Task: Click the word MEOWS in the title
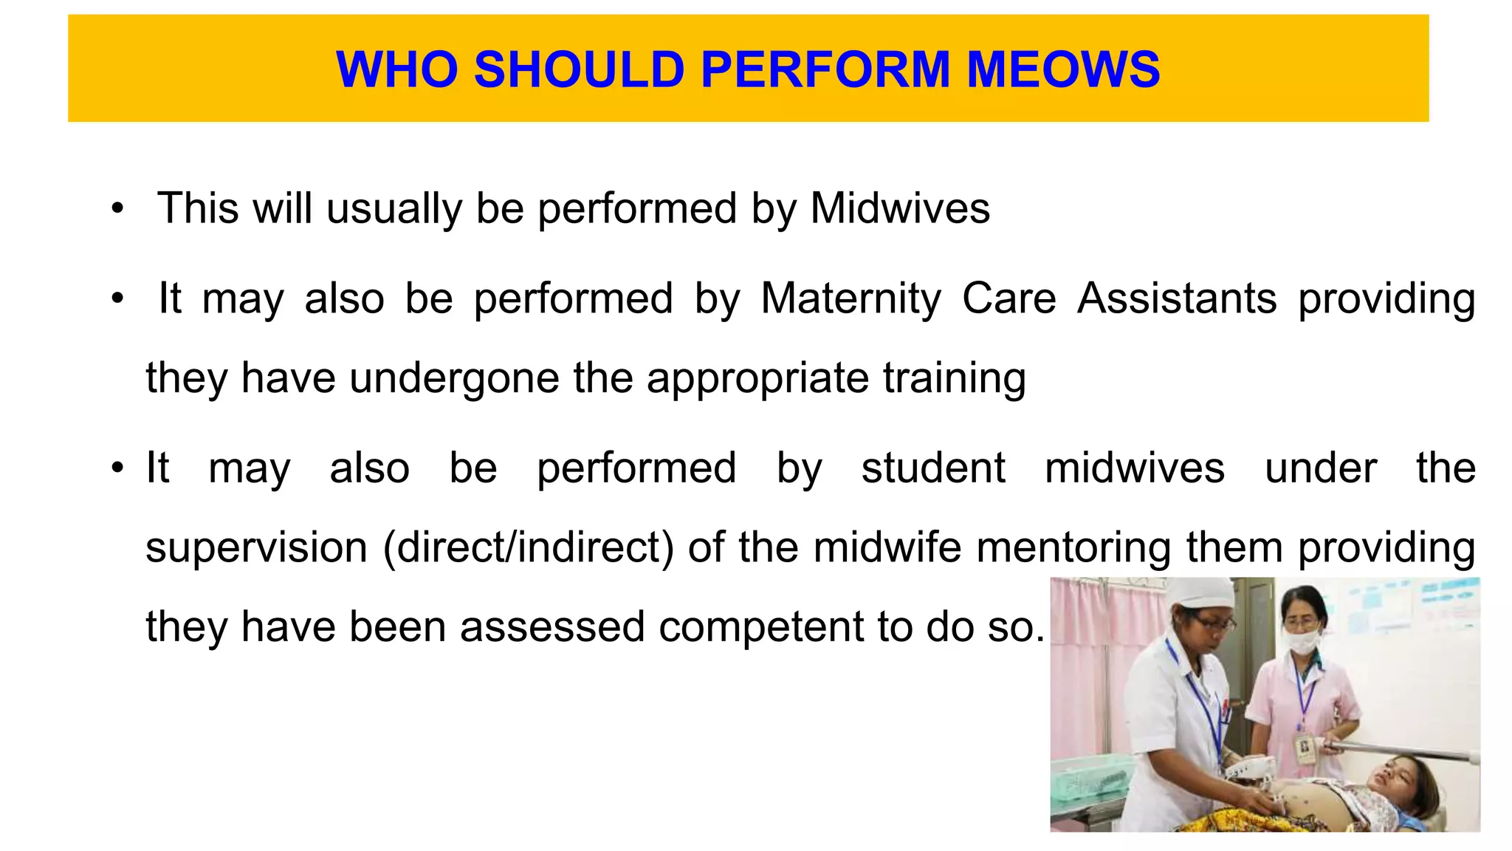click(x=1063, y=69)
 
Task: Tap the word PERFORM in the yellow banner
click(x=825, y=69)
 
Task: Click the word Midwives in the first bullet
click(x=900, y=208)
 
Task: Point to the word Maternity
click(x=851, y=298)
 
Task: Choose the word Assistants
click(x=1177, y=298)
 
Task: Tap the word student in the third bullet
click(x=933, y=468)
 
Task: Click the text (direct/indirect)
click(x=529, y=547)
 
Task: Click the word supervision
click(x=256, y=547)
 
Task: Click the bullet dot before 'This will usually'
click(x=117, y=209)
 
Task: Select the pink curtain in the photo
click(x=1093, y=665)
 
